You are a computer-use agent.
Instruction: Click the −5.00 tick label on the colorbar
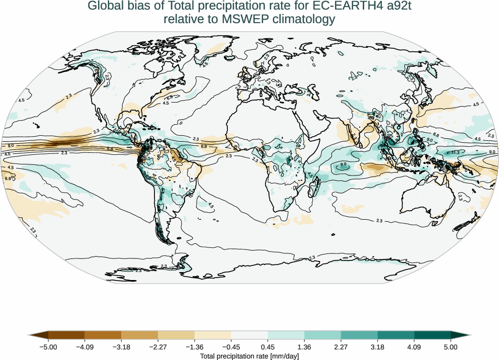(x=48, y=347)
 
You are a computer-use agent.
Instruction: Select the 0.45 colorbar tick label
(x=268, y=347)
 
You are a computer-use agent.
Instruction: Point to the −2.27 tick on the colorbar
(x=158, y=347)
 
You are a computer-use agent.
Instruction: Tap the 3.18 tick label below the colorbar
(x=377, y=347)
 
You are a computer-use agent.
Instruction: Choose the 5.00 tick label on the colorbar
(x=451, y=347)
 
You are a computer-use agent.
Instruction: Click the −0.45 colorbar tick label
(x=231, y=347)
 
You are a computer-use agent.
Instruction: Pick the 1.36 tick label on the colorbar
(x=304, y=347)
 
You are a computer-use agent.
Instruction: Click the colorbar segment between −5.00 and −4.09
(x=66, y=335)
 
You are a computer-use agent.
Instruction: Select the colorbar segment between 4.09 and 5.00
(x=432, y=335)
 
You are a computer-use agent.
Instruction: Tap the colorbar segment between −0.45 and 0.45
(x=249, y=335)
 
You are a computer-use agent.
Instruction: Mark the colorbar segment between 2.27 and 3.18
(x=359, y=335)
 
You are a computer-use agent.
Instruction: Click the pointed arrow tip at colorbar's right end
(x=469, y=335)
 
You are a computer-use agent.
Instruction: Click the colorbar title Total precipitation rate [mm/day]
(x=249, y=356)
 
